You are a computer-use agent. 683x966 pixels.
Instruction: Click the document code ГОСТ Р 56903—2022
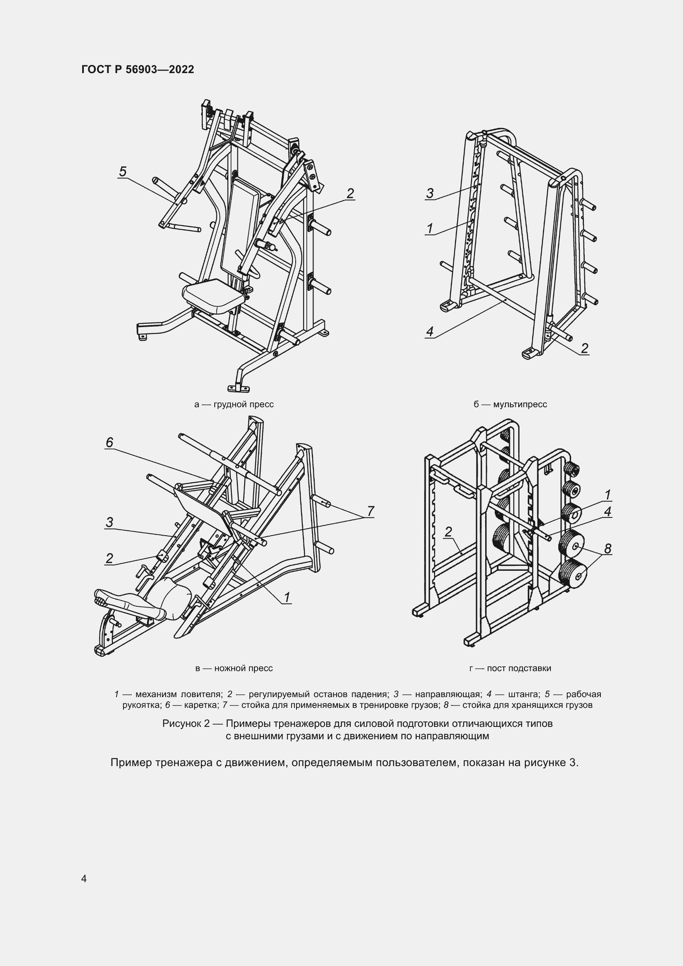(x=138, y=69)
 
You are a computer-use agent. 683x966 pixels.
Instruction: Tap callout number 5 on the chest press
(x=123, y=172)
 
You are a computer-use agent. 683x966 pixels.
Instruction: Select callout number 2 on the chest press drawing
(x=350, y=194)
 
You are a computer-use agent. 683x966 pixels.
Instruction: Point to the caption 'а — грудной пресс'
(x=234, y=404)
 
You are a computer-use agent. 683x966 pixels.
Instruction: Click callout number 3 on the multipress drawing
(x=429, y=194)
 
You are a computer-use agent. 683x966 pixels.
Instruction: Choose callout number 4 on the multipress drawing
(x=429, y=332)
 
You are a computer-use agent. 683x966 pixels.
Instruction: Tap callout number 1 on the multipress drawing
(x=429, y=228)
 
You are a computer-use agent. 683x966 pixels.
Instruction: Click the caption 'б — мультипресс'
(x=510, y=404)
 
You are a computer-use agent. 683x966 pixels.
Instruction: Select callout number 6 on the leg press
(x=109, y=442)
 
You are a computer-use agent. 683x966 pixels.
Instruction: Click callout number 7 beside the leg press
(x=370, y=511)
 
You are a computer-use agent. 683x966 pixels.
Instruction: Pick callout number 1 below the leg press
(x=287, y=598)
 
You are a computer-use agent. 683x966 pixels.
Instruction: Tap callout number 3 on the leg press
(x=109, y=522)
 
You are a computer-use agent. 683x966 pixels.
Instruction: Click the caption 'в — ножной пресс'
(x=234, y=668)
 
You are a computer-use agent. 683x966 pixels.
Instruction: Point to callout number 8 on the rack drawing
(x=607, y=548)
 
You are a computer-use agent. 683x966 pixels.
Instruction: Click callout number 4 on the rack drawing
(x=607, y=512)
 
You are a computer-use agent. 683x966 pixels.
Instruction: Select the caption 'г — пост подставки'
(x=510, y=668)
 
